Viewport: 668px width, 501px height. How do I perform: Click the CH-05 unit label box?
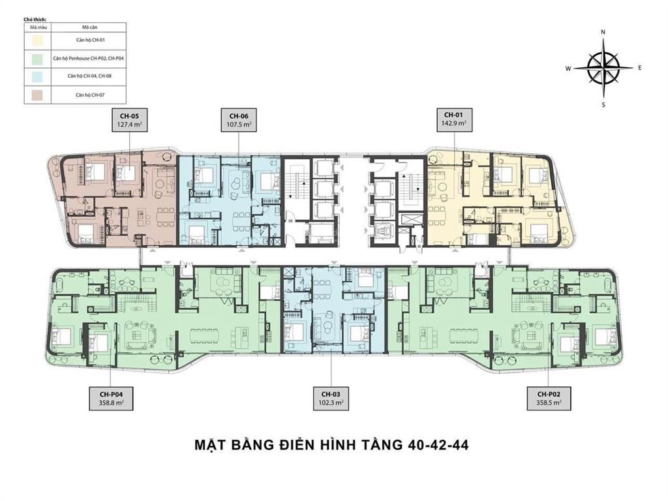(125, 121)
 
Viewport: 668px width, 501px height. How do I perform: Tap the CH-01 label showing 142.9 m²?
(452, 121)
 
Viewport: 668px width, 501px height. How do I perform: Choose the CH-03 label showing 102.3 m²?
(331, 399)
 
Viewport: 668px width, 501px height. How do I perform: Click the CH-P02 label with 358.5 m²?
(549, 399)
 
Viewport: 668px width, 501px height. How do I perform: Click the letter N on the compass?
(604, 32)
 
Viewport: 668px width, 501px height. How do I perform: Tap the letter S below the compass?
(604, 104)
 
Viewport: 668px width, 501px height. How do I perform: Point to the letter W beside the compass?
(568, 68)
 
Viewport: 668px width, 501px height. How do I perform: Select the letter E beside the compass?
(640, 68)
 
